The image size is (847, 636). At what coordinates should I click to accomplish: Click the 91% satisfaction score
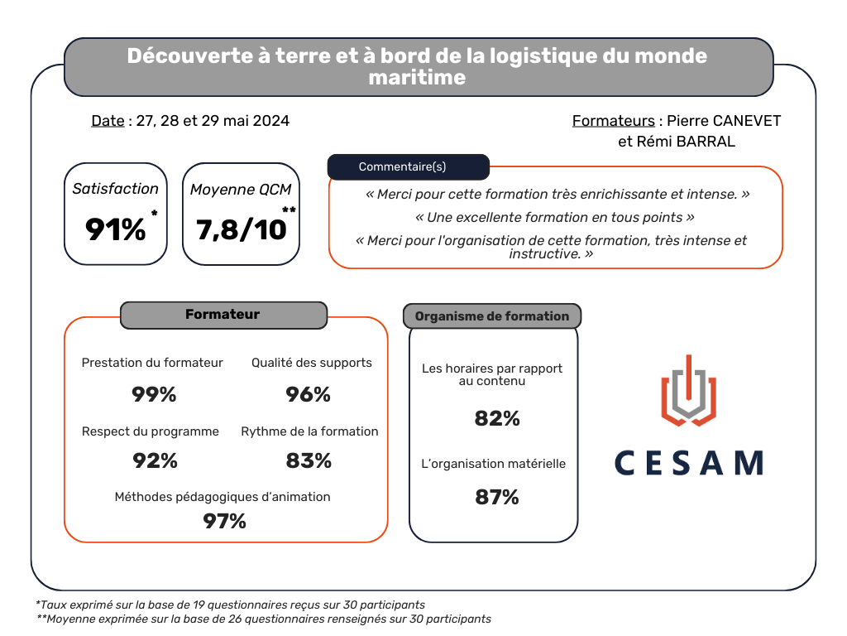(116, 229)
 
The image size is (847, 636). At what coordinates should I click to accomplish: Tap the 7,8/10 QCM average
(241, 229)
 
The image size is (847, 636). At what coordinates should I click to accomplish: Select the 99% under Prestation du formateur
(154, 395)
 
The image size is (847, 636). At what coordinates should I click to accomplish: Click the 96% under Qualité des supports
(308, 395)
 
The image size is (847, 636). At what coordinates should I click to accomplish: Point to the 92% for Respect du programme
(156, 460)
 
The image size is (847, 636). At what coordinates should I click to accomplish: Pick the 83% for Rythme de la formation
(309, 460)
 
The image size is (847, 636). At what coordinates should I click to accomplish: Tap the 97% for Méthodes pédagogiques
(225, 521)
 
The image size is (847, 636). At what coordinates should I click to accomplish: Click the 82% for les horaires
(497, 419)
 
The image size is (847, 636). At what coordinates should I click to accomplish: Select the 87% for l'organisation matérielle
(497, 497)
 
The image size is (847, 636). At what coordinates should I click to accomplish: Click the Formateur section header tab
(223, 315)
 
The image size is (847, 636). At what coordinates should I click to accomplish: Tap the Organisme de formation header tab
(492, 316)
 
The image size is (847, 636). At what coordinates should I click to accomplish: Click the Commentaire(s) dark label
(408, 166)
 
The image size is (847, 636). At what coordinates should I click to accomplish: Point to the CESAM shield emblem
(688, 391)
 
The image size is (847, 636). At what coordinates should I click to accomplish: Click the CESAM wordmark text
(688, 463)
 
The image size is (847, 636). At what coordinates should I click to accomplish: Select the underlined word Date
(108, 121)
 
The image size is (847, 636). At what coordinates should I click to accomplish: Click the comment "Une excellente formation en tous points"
(554, 218)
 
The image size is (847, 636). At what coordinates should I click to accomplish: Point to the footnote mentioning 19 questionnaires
(231, 605)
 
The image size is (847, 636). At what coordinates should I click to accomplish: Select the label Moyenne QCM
(241, 190)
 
